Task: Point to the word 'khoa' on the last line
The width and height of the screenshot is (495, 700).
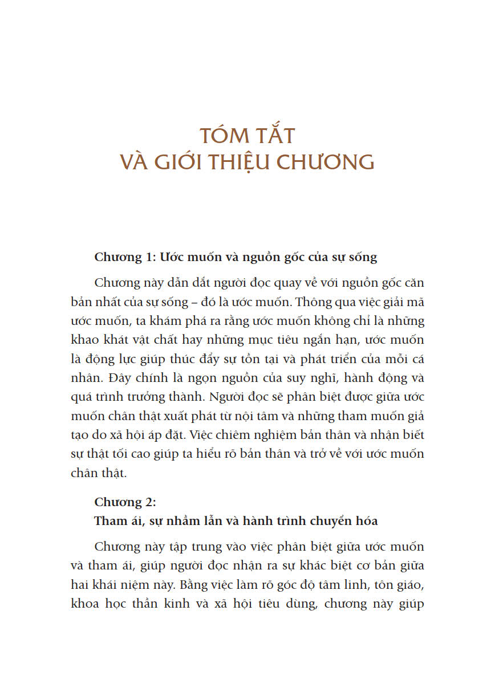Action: [84, 603]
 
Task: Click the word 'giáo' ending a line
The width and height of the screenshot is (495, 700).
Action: [409, 584]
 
